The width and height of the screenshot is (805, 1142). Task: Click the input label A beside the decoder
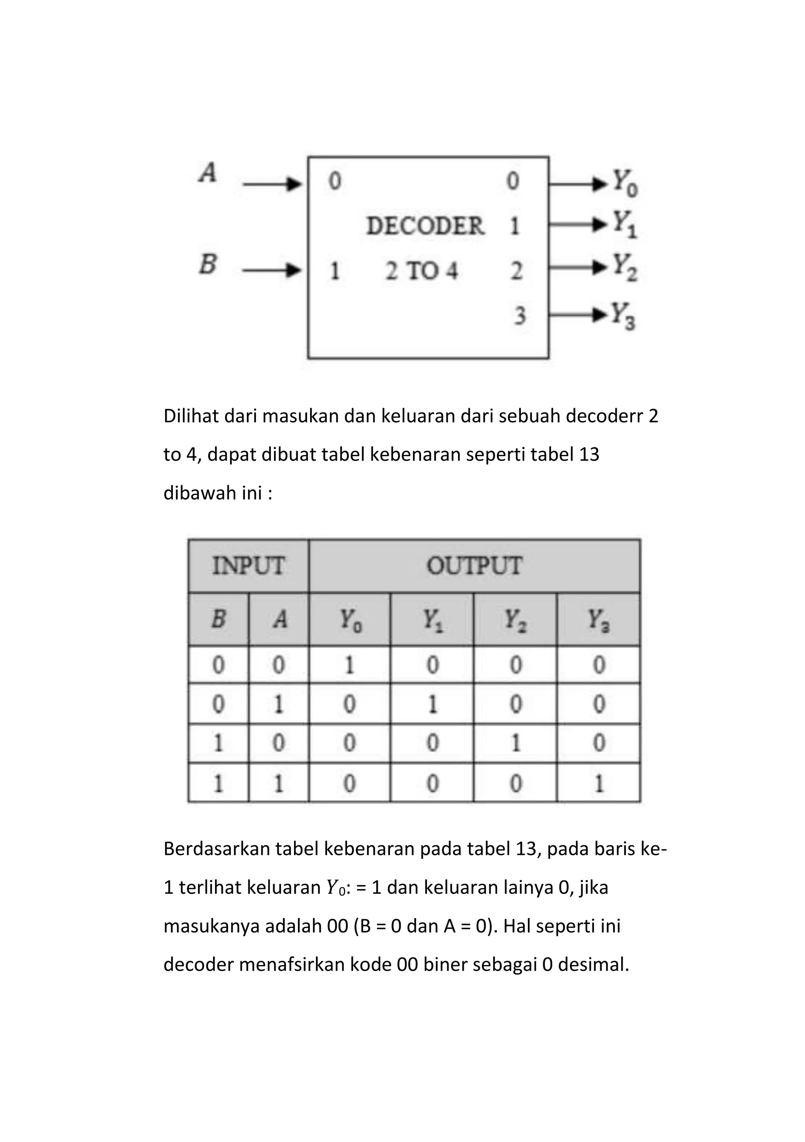click(208, 174)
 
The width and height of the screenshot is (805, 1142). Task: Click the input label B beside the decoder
click(208, 264)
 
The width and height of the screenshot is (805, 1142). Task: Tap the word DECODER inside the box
click(425, 226)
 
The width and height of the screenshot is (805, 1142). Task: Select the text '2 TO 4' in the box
click(421, 271)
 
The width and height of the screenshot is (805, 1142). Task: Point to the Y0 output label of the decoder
click(625, 183)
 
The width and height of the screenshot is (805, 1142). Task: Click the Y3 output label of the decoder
click(623, 316)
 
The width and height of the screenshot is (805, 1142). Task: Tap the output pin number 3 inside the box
click(519, 316)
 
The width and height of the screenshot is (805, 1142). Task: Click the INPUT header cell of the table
click(248, 566)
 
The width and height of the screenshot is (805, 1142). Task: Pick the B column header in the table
click(219, 619)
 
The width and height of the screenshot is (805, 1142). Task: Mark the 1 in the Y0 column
click(349, 665)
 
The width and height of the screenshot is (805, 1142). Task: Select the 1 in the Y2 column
click(515, 743)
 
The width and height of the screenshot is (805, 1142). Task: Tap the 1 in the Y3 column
click(599, 783)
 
